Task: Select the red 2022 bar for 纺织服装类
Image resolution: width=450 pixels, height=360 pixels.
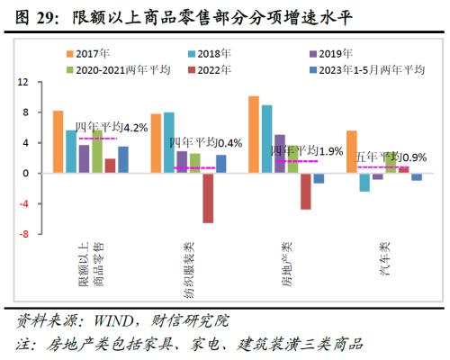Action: point(207,197)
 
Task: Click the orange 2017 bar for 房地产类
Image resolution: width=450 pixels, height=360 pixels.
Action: point(254,134)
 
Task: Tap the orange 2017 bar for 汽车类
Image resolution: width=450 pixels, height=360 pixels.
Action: point(352,151)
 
